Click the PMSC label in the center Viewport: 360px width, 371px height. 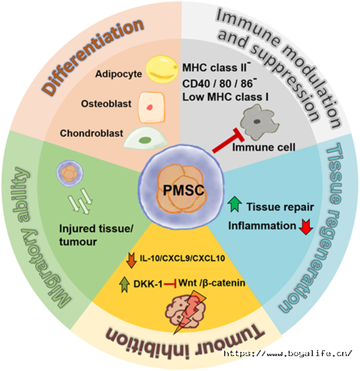coord(184,190)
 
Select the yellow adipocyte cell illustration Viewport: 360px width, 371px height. coord(162,69)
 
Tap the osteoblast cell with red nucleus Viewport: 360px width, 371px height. coord(151,108)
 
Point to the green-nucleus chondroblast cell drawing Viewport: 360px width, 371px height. coord(145,138)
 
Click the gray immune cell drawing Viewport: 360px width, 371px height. coord(259,122)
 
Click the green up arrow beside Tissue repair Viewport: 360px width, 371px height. coord(234,204)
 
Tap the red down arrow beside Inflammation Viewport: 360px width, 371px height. coord(306,227)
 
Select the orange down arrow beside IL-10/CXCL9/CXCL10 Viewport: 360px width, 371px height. coord(132,260)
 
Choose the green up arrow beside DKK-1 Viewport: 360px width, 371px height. coord(125,285)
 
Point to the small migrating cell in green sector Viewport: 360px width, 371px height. coord(70,174)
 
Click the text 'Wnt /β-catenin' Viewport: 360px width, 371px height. coord(212,283)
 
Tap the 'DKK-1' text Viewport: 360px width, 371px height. coord(148,284)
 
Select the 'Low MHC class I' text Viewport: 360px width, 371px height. coord(225,97)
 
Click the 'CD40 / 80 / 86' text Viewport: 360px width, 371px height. coord(218,83)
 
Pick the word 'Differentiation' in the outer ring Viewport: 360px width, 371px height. coord(93,57)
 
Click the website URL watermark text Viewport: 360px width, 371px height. coord(288,353)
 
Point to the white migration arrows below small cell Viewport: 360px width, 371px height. coord(80,201)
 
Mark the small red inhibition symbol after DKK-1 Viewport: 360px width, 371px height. coord(170,283)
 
